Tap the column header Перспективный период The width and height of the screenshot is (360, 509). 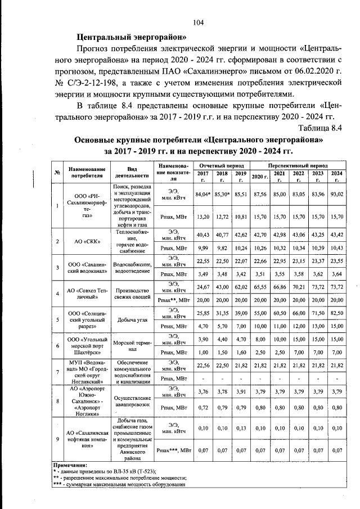click(298, 167)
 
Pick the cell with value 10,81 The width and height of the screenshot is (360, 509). click(241, 216)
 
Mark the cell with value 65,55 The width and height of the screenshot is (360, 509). click(259, 286)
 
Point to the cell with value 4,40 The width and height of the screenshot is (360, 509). click(222, 339)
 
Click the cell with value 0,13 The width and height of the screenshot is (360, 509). click(241, 428)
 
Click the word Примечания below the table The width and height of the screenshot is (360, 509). click(70, 465)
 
